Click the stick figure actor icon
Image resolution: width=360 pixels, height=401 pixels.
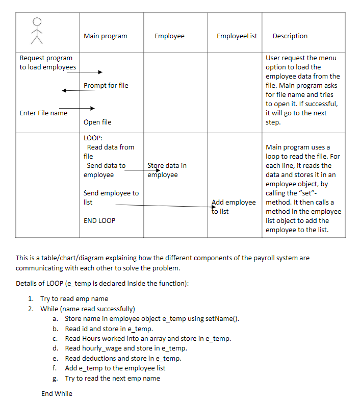[35, 31]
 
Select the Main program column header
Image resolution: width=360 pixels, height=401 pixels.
[105, 36]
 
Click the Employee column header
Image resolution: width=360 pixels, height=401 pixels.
[169, 36]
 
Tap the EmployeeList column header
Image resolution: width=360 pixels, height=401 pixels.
[237, 36]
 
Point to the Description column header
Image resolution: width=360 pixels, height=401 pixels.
[290, 36]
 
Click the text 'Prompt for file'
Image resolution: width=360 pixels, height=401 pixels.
[106, 85]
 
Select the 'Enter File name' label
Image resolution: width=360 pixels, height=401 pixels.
[43, 113]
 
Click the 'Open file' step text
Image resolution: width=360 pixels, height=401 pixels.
[97, 122]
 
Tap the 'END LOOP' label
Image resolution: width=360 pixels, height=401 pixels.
[99, 220]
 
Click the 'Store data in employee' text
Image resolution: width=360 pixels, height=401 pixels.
[166, 170]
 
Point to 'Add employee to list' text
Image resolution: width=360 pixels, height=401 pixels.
[233, 207]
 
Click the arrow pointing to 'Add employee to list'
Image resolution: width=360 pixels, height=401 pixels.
[163, 206]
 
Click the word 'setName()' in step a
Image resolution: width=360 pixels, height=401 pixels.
[221, 319]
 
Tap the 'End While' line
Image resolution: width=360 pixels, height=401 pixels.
[57, 393]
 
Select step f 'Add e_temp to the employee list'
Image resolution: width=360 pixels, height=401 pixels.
[115, 368]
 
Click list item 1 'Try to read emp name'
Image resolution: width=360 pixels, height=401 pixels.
[74, 298]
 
